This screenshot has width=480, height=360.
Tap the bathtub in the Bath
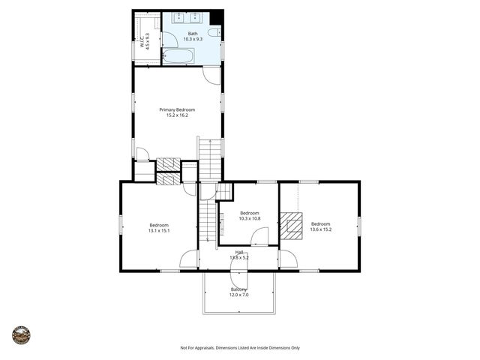tap(178, 55)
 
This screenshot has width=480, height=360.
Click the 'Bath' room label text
tap(193, 34)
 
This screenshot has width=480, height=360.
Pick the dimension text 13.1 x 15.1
tap(159, 231)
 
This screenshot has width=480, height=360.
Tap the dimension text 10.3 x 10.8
tap(249, 218)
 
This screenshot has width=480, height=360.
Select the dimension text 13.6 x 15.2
tap(321, 229)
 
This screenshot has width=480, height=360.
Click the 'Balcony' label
tap(238, 289)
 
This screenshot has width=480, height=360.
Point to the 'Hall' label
tap(239, 252)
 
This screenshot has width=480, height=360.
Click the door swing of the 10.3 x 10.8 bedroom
tap(259, 238)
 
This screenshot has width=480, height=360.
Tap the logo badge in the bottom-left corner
tap(21, 334)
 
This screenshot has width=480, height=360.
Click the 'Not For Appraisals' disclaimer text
tap(240, 348)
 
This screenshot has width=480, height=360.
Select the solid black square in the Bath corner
tap(217, 17)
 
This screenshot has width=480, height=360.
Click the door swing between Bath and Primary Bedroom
tap(212, 74)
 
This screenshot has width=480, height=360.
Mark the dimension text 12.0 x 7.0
tap(238, 295)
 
